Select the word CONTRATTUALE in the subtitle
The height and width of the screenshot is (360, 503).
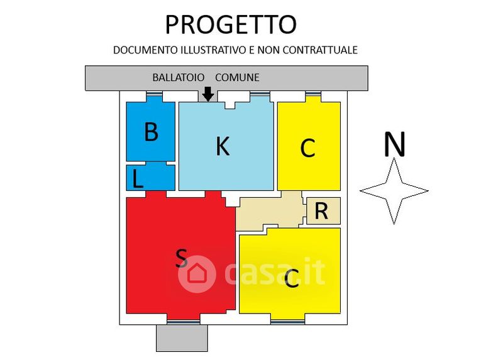click(x=319, y=50)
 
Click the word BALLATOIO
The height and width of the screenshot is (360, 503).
click(x=179, y=77)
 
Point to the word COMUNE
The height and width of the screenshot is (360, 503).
click(x=237, y=77)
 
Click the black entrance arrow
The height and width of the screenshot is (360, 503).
click(x=208, y=94)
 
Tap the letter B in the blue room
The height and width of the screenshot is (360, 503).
click(x=150, y=133)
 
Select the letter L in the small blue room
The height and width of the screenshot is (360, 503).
click(x=138, y=180)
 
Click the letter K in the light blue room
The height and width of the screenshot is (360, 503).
click(x=222, y=146)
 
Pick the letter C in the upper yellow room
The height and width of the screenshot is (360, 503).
click(x=307, y=149)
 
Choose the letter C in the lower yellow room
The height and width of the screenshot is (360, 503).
click(x=291, y=278)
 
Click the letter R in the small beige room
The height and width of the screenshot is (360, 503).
click(x=321, y=212)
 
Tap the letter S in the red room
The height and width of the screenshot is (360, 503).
click(x=181, y=257)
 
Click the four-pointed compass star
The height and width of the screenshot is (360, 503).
click(x=394, y=190)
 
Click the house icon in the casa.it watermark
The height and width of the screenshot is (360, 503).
click(x=197, y=274)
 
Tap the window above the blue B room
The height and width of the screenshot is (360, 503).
click(x=154, y=95)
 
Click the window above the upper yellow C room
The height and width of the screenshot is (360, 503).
click(x=312, y=95)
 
